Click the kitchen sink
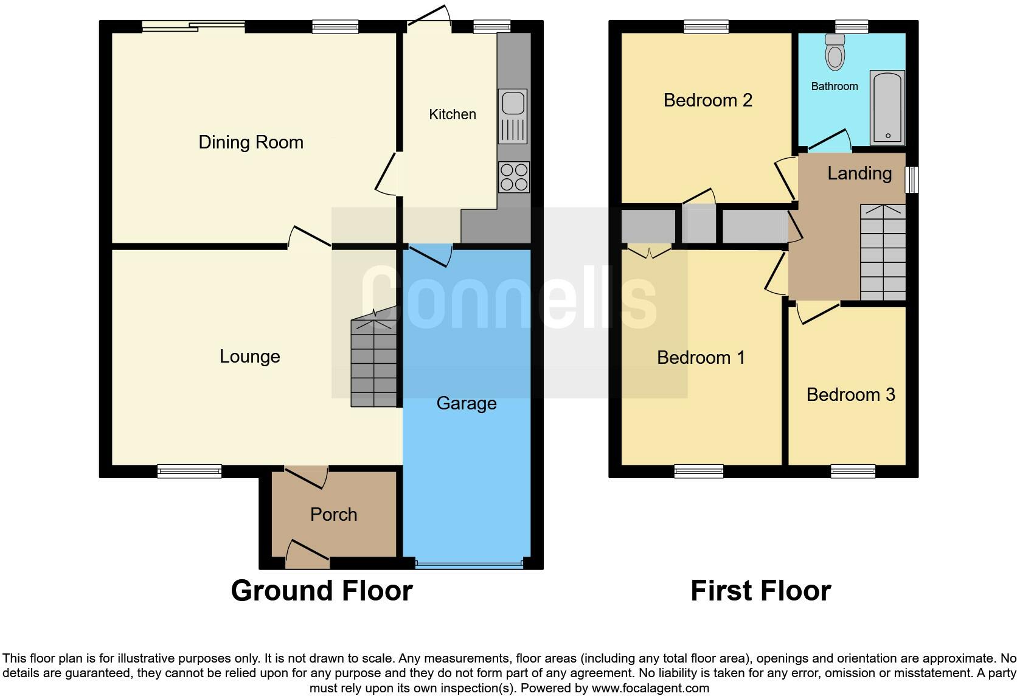click(x=513, y=116)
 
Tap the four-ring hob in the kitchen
click(x=513, y=177)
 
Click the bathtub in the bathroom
click(x=887, y=108)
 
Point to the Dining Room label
click(x=251, y=142)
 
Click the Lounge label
click(x=249, y=357)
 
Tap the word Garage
click(x=467, y=403)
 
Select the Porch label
click(x=333, y=515)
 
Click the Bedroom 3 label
click(x=850, y=395)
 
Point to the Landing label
click(x=859, y=173)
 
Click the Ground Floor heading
click(x=321, y=591)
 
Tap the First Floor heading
click(x=760, y=591)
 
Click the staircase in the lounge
click(x=374, y=363)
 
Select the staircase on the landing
click(x=883, y=252)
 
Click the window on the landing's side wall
click(x=911, y=180)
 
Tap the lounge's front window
click(x=189, y=470)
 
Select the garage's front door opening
click(x=468, y=565)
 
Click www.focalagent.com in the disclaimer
click(x=650, y=689)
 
